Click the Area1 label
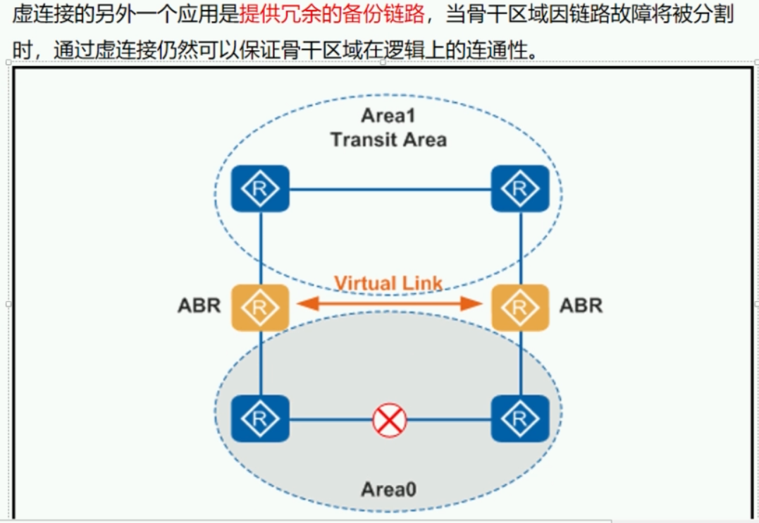388,116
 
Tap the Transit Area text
388,139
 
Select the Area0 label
388,488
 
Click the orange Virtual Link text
388,283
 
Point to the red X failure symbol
389,420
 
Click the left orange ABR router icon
260,307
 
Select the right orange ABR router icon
520,307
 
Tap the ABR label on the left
199,306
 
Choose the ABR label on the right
581,306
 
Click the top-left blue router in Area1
260,188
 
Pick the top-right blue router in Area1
520,188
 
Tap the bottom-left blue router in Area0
260,419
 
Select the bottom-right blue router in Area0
520,419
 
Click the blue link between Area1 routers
390,189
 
